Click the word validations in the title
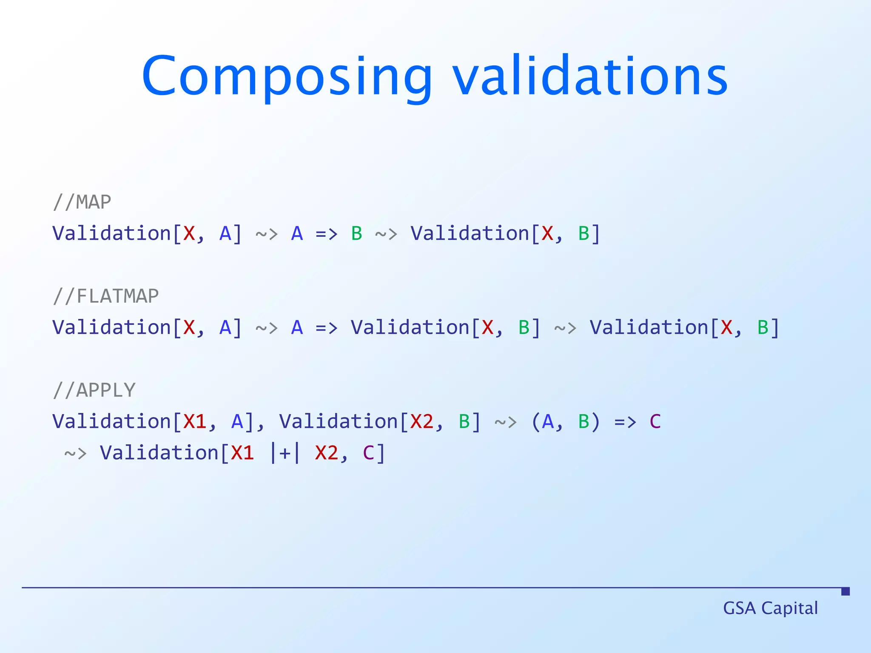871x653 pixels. click(x=590, y=77)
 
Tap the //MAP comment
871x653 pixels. click(x=82, y=202)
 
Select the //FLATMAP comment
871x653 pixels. click(x=106, y=296)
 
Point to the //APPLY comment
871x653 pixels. click(x=94, y=390)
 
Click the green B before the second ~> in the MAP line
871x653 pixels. click(x=356, y=233)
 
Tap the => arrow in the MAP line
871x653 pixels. click(x=326, y=233)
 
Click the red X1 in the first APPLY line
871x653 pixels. click(x=195, y=421)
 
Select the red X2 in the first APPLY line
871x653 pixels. click(x=422, y=421)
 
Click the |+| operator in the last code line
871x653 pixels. click(x=285, y=453)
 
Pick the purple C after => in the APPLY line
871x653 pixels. click(x=655, y=421)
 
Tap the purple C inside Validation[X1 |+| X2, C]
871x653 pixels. click(x=368, y=453)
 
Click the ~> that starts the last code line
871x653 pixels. click(x=75, y=453)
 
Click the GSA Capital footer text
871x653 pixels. click(x=770, y=608)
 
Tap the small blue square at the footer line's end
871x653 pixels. click(x=845, y=591)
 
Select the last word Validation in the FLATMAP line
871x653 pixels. click(x=649, y=327)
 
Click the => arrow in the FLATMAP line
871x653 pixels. click(x=326, y=327)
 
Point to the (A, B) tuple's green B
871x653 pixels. click(x=584, y=421)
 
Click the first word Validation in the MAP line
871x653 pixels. click(x=111, y=233)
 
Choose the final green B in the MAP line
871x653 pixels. click(x=584, y=233)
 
